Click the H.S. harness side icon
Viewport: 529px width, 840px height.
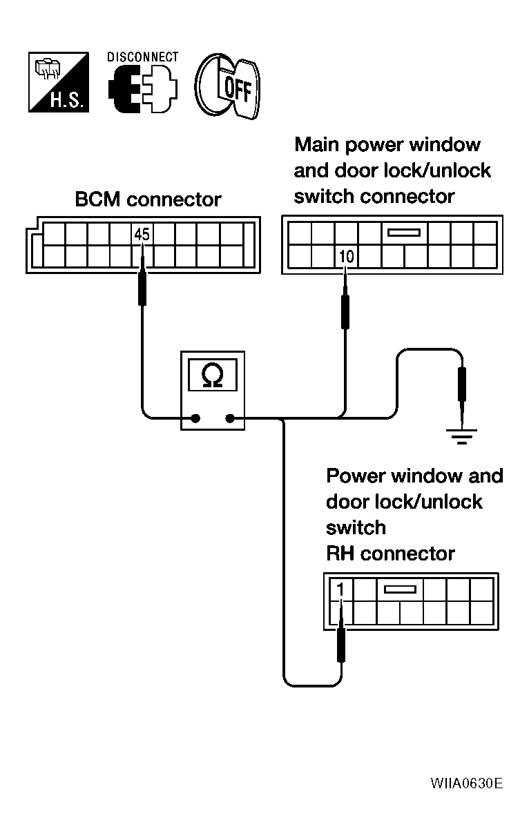point(59,82)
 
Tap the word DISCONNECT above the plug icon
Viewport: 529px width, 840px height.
point(142,57)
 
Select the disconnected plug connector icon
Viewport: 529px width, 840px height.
point(142,89)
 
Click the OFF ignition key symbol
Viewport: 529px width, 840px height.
point(227,87)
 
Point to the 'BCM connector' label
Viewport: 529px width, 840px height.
point(148,199)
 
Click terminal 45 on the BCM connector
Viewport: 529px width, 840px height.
point(142,235)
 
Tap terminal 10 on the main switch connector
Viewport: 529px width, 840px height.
point(346,257)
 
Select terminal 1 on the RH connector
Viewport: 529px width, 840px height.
point(340,590)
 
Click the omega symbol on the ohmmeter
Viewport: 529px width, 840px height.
point(212,375)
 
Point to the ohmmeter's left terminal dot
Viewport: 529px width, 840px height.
point(195,418)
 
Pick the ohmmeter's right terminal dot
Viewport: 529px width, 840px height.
point(230,418)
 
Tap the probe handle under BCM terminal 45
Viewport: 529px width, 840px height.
point(142,289)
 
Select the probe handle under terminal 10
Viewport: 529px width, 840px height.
point(345,312)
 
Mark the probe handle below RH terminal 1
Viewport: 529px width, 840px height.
point(341,645)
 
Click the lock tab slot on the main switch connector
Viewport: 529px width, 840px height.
point(404,233)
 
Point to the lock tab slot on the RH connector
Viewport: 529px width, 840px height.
point(401,589)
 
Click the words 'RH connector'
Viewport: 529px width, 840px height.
point(391,554)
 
